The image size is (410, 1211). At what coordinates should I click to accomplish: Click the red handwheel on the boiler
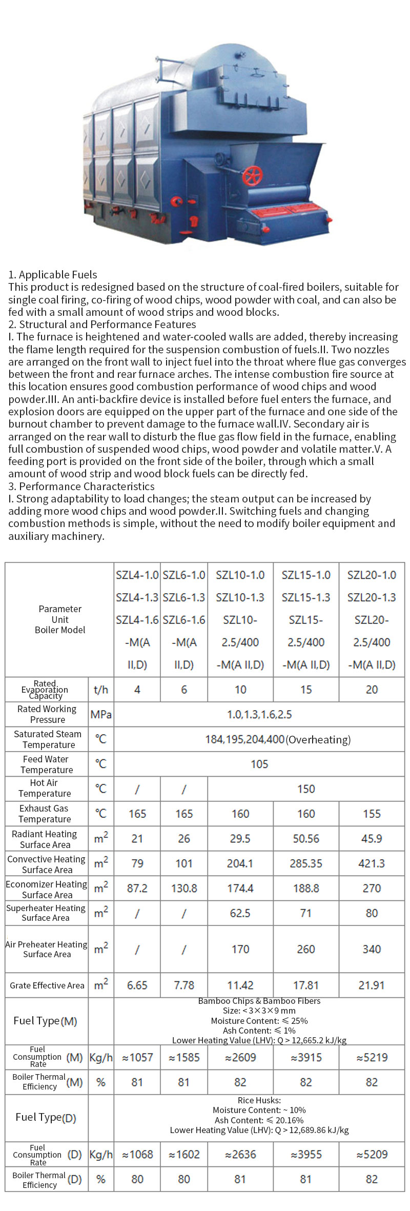pos(252,175)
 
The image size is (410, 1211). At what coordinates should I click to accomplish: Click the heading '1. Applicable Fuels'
pos(53,274)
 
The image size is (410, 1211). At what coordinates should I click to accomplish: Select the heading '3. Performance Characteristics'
pos(81,486)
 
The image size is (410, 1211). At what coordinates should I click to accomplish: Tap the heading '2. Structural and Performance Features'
pos(102,324)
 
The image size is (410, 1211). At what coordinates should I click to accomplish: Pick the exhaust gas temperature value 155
pos(372,814)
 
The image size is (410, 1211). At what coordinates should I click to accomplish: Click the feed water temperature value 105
pos(259,764)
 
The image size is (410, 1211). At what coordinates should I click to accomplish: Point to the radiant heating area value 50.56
pos(306,839)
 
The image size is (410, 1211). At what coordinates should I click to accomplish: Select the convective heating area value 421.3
pos(372,863)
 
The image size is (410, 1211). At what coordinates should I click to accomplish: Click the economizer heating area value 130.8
pos(184,888)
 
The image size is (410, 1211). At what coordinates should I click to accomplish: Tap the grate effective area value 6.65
pos(137,985)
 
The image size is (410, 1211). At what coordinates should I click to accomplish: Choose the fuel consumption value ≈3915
pos(306,1057)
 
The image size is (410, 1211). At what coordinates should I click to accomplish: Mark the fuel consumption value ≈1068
pos(137,1154)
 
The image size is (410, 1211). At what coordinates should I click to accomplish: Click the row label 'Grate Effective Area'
pos(47,985)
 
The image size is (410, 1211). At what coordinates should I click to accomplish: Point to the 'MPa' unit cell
pos(101,714)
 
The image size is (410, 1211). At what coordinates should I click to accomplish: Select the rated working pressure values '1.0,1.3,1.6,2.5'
pos(259,714)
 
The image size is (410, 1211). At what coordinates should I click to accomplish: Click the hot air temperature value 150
pos(306,789)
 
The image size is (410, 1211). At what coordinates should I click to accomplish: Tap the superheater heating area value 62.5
pos(240,913)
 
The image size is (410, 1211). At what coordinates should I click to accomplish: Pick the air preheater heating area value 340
pos(372,949)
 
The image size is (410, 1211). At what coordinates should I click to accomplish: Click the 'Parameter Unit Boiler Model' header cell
pos(60,619)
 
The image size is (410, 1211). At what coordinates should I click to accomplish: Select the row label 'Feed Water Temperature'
pos(47,764)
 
